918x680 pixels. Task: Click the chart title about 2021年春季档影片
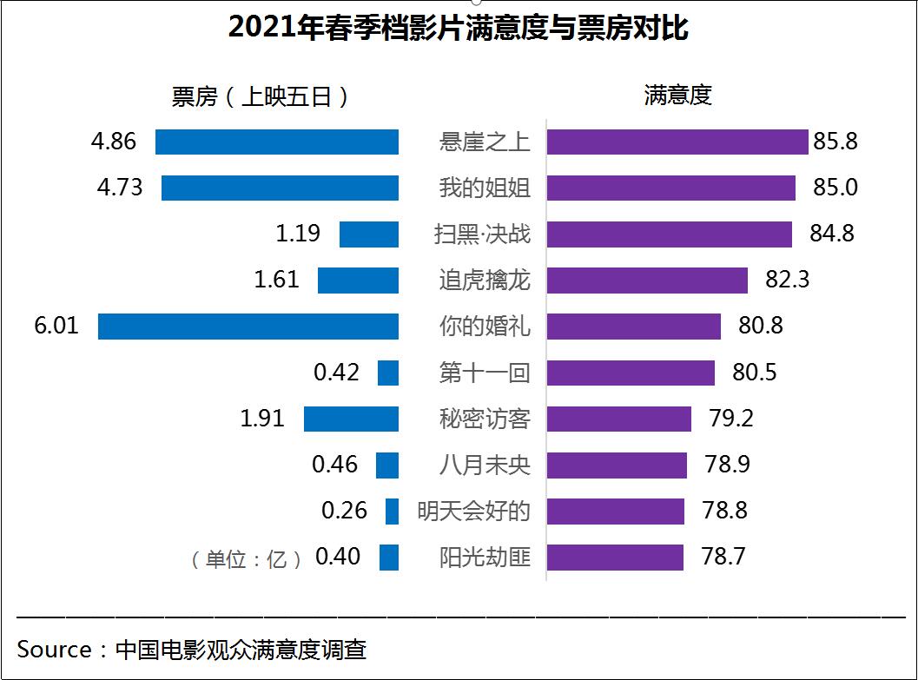[458, 29]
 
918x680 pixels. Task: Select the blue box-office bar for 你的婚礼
[248, 327]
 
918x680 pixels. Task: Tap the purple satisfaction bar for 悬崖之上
[677, 142]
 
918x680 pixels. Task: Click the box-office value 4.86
[114, 142]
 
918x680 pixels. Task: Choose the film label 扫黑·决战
[482, 234]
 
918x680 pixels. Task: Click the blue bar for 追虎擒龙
[358, 281]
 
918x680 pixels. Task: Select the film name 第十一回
[484, 373]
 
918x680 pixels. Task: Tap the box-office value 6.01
[55, 326]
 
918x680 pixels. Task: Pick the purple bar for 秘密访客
[619, 419]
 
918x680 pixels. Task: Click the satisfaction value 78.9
[728, 465]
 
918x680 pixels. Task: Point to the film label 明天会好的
[473, 511]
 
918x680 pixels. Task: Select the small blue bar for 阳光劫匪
[389, 557]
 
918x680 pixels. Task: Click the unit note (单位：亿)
[247, 558]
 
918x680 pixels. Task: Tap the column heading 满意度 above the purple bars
[678, 96]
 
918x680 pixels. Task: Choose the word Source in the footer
[54, 650]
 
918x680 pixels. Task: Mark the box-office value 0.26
[345, 511]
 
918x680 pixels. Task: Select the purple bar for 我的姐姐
[671, 188]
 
